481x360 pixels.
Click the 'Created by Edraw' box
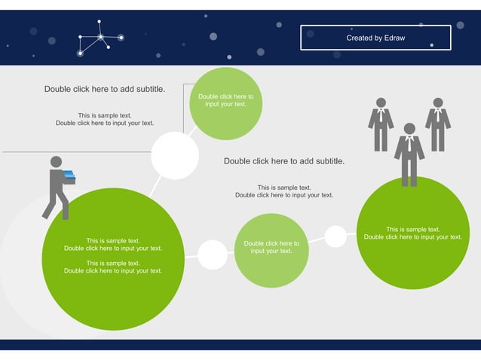point(375,38)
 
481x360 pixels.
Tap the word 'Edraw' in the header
point(392,38)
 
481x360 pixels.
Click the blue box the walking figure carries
point(69,176)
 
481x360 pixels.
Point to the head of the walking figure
point(56,162)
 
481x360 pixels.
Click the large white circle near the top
point(175,156)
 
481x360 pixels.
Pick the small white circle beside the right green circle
point(335,236)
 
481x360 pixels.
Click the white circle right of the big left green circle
point(213,255)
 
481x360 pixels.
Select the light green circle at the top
point(226,104)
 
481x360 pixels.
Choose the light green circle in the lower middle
point(271,250)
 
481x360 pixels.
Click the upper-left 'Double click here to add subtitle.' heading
point(105,89)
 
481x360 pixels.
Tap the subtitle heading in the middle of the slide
point(284,161)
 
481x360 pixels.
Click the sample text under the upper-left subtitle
point(105,120)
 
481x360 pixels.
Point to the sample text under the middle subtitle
point(284,191)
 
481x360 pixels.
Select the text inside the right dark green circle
point(413,233)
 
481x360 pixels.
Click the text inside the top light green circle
point(226,100)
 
